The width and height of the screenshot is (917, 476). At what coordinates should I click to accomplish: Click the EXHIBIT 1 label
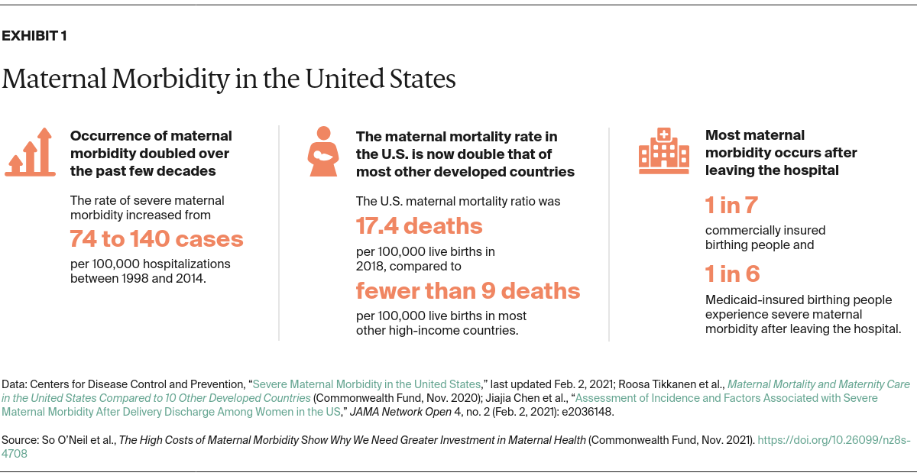click(34, 36)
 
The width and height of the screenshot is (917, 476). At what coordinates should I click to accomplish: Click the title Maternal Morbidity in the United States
click(228, 79)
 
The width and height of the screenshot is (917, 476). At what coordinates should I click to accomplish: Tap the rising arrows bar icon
click(31, 152)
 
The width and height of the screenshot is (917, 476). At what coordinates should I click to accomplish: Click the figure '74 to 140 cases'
click(157, 239)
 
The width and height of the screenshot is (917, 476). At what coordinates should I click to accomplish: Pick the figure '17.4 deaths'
click(420, 226)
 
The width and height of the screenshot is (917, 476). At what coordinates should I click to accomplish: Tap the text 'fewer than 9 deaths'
click(468, 291)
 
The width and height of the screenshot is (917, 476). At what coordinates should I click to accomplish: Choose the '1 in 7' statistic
click(731, 206)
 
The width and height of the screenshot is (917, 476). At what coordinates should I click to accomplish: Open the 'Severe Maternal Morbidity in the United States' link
click(366, 384)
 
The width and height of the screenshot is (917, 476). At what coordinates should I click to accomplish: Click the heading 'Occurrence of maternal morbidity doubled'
click(151, 153)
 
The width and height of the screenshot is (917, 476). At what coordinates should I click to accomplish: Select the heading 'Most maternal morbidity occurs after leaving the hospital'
click(780, 152)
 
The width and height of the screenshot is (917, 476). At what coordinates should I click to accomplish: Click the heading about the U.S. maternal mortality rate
click(465, 154)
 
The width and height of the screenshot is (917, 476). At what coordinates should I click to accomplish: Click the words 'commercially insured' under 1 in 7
click(765, 230)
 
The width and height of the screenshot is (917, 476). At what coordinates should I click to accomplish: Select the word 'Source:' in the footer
click(23, 440)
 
